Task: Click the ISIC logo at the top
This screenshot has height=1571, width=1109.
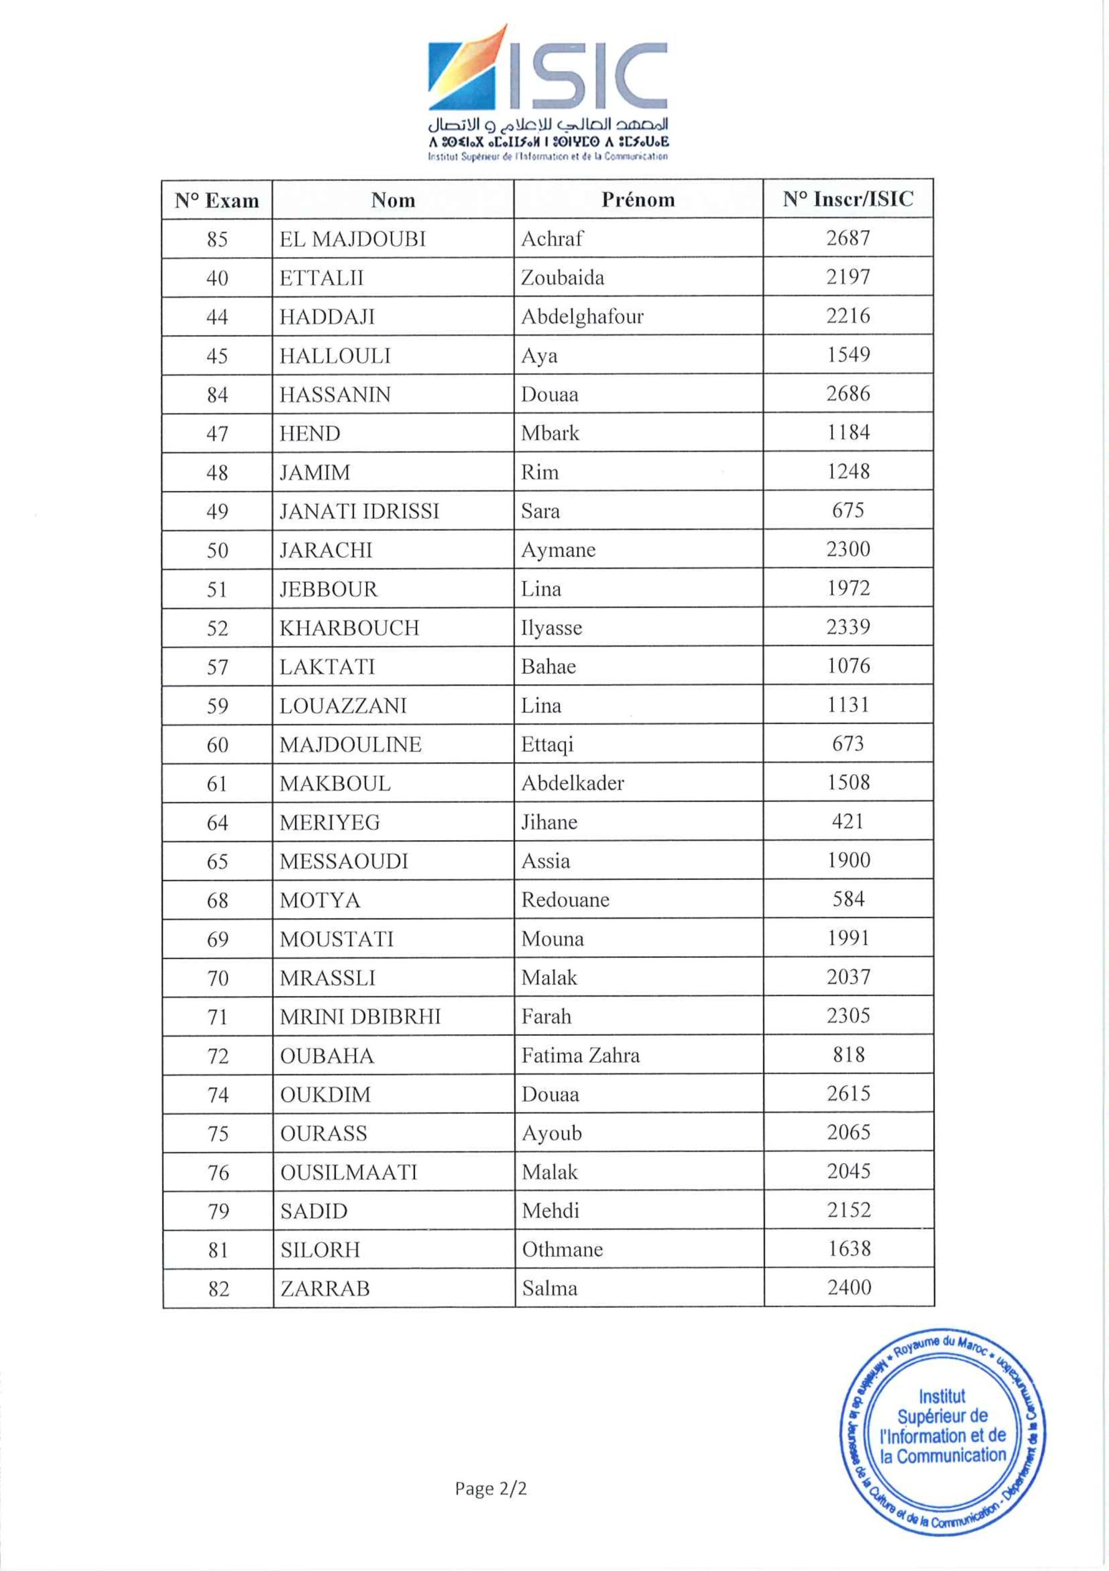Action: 547,93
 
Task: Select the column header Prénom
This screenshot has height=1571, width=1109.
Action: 638,200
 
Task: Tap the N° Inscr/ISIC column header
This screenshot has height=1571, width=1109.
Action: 848,199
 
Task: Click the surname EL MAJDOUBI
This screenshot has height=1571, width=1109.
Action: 352,239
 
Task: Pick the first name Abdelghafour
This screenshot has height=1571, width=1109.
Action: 582,317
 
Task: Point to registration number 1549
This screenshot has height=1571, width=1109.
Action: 848,355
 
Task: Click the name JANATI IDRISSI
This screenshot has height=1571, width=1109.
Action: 359,511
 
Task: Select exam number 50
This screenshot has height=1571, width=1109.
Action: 217,550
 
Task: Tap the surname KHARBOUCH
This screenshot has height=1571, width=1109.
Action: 349,628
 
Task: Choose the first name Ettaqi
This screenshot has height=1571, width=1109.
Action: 547,744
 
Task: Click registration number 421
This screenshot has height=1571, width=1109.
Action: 848,821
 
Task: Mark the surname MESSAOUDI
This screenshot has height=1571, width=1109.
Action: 343,861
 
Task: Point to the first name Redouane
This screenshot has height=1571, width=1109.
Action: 565,900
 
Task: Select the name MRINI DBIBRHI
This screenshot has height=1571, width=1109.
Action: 360,1017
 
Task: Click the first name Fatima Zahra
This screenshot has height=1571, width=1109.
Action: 581,1056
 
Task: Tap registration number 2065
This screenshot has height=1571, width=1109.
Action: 848,1132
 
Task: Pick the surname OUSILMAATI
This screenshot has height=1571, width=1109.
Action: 348,1172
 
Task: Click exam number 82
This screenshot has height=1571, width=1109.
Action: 218,1289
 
